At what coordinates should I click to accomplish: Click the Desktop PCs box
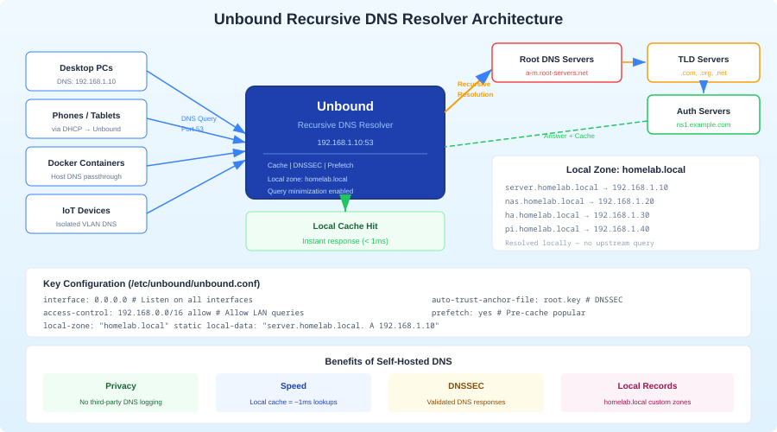(x=86, y=72)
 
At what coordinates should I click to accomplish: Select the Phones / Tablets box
(x=86, y=119)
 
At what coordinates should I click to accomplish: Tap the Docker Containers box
(x=86, y=167)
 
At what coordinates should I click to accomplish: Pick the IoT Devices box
(x=86, y=214)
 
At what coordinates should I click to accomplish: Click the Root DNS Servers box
(x=557, y=63)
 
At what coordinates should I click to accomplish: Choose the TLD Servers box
(x=704, y=63)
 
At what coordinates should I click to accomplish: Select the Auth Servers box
(x=704, y=115)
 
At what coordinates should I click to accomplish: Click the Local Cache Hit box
(x=345, y=232)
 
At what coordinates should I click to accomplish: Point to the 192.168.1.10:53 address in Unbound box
(x=345, y=143)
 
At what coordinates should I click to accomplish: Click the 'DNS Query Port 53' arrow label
(x=199, y=124)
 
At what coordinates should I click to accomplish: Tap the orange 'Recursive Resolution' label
(x=475, y=89)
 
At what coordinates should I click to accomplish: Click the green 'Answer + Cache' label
(x=569, y=136)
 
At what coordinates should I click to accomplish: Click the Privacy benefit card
(x=121, y=393)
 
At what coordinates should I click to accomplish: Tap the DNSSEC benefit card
(x=466, y=393)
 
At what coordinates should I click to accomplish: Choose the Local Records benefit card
(x=647, y=393)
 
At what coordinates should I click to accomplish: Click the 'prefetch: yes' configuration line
(x=509, y=313)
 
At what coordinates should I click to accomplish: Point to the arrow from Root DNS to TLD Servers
(x=634, y=61)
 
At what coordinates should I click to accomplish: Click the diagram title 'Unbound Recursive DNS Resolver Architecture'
(x=388, y=19)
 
